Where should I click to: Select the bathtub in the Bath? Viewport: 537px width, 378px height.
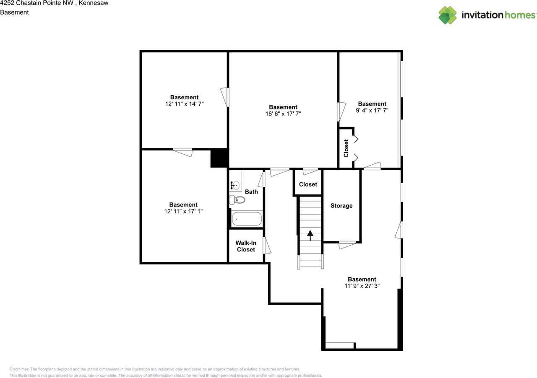(247, 219)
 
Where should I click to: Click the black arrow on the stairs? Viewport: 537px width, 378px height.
(310, 235)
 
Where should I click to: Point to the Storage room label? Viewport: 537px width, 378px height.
(341, 206)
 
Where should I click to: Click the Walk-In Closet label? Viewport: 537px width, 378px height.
(246, 246)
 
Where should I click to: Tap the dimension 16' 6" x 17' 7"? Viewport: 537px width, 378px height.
(283, 114)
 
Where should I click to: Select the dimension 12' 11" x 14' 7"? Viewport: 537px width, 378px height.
(185, 104)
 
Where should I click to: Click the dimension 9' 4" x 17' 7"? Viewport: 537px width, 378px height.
(372, 110)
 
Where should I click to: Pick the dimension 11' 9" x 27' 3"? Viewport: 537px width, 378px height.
(362, 286)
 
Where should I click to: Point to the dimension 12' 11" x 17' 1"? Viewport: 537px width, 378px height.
(183, 211)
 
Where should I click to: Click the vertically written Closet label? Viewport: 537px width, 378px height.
(346, 148)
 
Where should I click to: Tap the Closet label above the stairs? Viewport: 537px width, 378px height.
(308, 184)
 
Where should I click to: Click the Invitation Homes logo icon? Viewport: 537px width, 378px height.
(448, 15)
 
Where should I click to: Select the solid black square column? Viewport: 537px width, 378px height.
(219, 158)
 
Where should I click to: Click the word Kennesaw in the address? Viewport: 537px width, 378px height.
(94, 3)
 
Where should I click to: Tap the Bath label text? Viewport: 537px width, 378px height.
(251, 192)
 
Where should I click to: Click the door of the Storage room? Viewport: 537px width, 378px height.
(347, 245)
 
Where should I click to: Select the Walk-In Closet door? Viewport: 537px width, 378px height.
(266, 246)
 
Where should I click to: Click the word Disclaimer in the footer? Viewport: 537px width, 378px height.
(19, 369)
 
